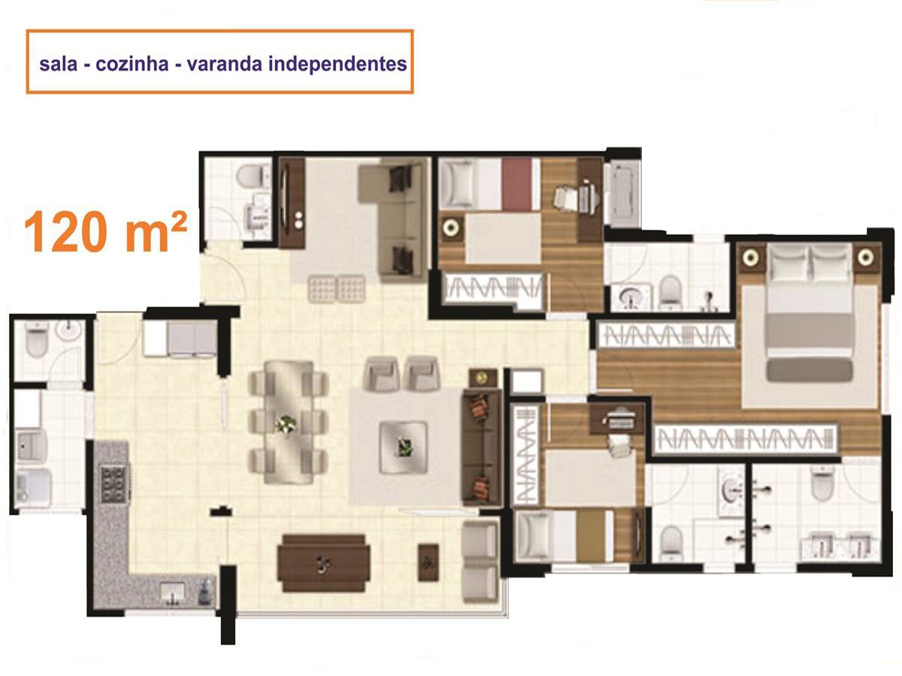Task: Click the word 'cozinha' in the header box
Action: coord(132,64)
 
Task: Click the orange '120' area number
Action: coord(66,232)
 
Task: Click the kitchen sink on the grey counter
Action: coord(173,591)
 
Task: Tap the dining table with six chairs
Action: coord(288,422)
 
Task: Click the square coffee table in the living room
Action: coord(403,447)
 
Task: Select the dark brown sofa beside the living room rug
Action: coord(482,448)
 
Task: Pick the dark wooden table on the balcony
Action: coord(323,563)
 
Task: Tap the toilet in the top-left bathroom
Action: coord(250,175)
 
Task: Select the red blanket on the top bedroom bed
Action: coord(517,184)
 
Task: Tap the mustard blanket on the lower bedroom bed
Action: coord(591,536)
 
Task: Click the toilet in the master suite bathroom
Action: coord(822,486)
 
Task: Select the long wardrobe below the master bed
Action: coord(746,439)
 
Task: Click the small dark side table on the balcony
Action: coord(428,563)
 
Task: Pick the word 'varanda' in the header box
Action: coord(222,64)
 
